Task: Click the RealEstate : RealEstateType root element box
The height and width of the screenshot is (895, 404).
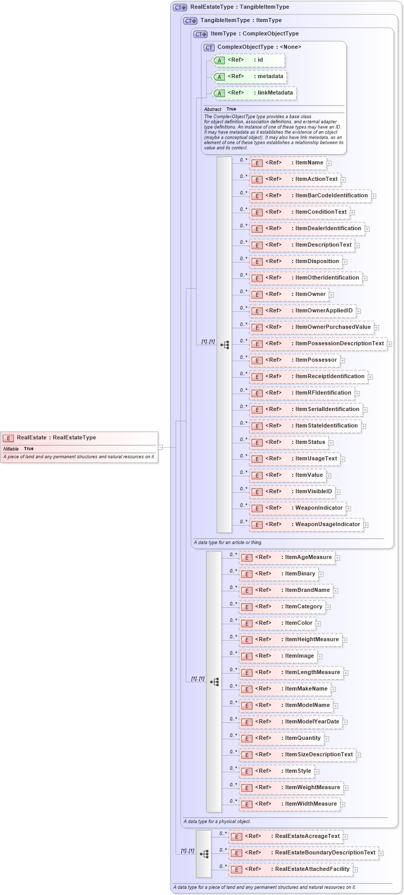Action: (x=79, y=438)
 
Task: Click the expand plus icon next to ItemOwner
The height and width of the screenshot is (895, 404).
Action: (x=332, y=295)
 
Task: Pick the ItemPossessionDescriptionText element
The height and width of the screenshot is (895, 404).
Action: (x=318, y=344)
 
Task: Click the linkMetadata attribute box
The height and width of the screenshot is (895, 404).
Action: (x=254, y=93)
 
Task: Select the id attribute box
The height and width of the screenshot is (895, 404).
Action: (x=248, y=60)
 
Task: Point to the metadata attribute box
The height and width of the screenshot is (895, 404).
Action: (x=249, y=77)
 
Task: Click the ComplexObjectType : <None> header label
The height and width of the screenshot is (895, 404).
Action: (x=259, y=47)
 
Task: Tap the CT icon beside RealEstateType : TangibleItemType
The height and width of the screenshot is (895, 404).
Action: (x=180, y=7)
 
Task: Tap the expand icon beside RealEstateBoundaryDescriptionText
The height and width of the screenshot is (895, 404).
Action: (x=381, y=853)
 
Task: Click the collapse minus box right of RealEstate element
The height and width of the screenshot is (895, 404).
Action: (x=161, y=447)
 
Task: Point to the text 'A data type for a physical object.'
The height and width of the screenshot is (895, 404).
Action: (x=217, y=822)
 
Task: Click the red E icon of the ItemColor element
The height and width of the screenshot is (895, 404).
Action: (x=247, y=623)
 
